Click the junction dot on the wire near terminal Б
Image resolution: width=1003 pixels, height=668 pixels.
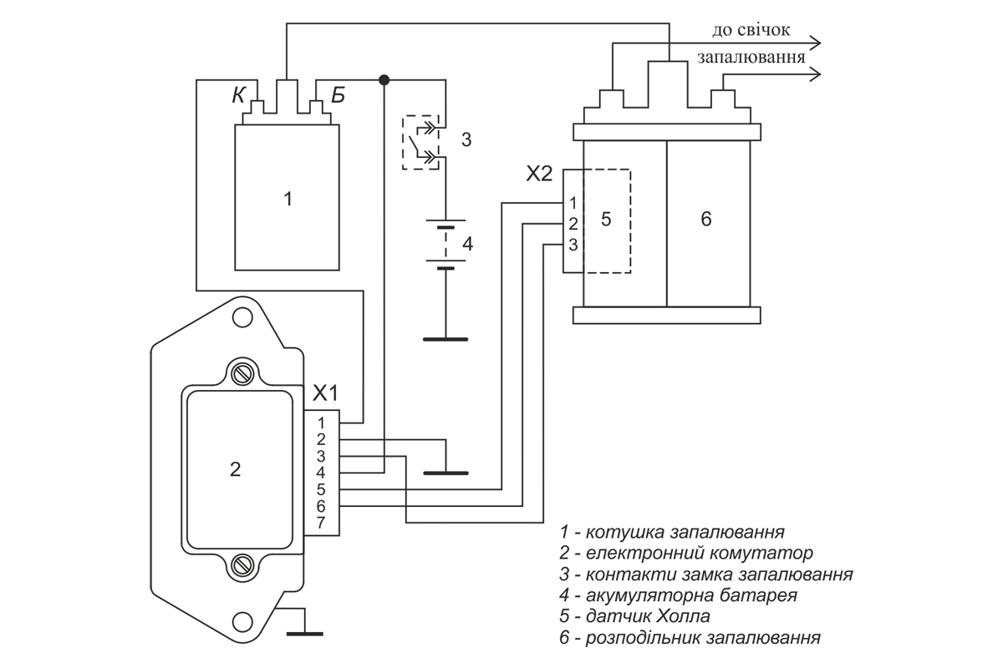384,80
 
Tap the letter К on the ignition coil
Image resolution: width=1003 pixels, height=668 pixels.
239,95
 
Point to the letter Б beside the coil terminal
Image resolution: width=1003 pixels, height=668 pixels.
338,95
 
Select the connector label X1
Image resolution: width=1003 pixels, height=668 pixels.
325,392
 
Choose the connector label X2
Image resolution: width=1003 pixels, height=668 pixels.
539,174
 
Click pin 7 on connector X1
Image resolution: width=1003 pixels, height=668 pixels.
321,523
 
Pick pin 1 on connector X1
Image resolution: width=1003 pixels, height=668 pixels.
321,423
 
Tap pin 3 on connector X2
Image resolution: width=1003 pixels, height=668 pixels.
573,245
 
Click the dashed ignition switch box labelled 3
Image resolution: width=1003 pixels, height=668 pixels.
420,142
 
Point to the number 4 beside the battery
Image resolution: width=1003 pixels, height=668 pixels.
467,244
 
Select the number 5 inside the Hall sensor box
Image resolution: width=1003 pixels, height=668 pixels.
606,220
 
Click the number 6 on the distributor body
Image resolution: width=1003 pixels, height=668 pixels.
706,219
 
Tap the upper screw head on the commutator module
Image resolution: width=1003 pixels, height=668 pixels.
242,374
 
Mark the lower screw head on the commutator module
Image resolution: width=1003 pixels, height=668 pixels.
242,565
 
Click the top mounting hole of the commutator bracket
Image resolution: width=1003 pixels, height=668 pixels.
242,317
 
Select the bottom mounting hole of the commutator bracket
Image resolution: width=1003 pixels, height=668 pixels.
242,622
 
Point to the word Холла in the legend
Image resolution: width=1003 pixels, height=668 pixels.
684,616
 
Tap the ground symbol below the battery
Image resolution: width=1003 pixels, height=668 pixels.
445,340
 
